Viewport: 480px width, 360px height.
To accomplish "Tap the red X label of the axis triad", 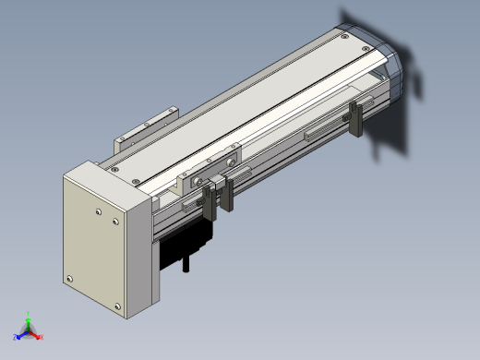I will pyautogui.click(x=42, y=336).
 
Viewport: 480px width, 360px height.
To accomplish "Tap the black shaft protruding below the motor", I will pyautogui.click(x=187, y=267).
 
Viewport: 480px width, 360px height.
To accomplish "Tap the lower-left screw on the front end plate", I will pyautogui.click(x=68, y=278).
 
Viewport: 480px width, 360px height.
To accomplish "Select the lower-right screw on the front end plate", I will pyautogui.click(x=116, y=306).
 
